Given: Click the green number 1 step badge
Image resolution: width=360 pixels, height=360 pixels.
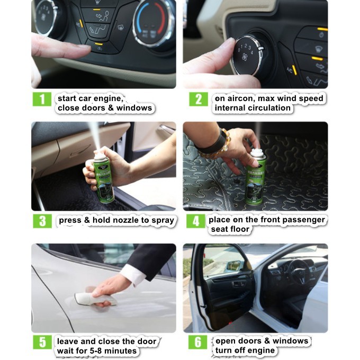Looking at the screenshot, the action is coord(42,99).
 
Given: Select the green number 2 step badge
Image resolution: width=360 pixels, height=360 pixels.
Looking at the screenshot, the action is coord(199,99).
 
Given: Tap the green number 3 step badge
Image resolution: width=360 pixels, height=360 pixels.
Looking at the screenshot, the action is coord(42,221).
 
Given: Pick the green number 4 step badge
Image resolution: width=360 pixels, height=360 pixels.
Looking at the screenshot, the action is coord(195,221).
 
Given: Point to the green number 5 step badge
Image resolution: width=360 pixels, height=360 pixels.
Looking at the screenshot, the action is coord(42,342).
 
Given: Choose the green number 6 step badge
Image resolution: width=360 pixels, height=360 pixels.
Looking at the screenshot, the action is coord(197,342).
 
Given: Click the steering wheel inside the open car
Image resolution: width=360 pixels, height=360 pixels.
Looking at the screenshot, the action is coord(299,272).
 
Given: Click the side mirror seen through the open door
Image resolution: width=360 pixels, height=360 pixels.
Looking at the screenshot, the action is coord(234,266).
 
